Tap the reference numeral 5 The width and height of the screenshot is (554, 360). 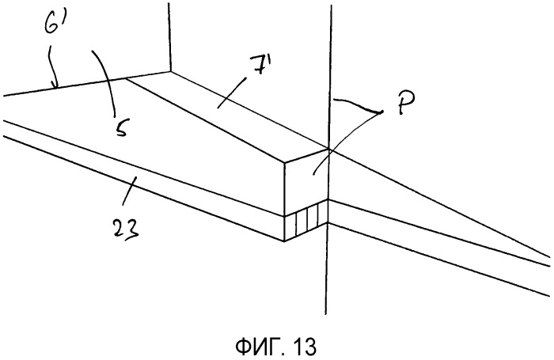point(121,127)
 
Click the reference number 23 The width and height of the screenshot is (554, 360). point(126,228)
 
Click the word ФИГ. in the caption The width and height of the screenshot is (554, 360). point(259,347)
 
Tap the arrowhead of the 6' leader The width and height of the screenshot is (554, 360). point(54,85)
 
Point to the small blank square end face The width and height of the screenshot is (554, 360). point(306,182)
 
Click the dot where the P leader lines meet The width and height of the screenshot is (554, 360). point(381,112)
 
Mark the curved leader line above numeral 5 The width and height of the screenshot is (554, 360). point(107,82)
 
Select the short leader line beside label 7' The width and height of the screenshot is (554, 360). point(231,93)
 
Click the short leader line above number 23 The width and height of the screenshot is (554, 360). point(128,191)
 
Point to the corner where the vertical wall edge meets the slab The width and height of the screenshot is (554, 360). point(171,72)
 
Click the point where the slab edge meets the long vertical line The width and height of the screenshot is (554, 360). point(329,149)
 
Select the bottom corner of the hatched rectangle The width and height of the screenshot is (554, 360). point(284,241)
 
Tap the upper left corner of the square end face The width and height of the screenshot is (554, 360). point(285,163)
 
